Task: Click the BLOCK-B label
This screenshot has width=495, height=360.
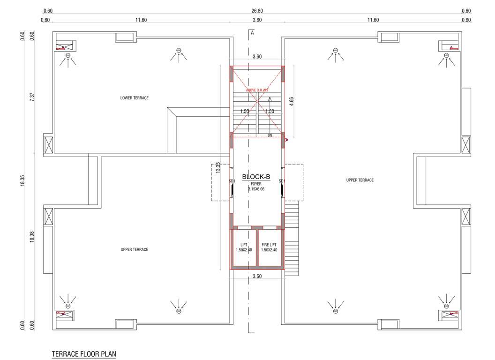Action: coord(256,177)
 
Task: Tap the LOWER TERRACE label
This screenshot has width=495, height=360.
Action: coord(135,98)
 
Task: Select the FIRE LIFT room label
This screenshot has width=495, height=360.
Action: coord(269,247)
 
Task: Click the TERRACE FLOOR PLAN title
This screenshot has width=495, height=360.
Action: coord(84,353)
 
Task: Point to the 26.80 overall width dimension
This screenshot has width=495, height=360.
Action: coord(257,11)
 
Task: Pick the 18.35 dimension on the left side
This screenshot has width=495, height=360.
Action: coord(22,181)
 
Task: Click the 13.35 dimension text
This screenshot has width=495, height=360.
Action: coord(217,167)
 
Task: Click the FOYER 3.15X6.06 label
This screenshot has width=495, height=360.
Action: coord(256,187)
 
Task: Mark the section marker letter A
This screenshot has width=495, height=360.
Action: coord(252,33)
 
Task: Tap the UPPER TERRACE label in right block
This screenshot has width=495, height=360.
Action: coord(360,180)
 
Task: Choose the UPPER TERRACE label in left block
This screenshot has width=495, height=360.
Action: coord(135,250)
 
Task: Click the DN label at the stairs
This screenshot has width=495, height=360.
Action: coord(270,135)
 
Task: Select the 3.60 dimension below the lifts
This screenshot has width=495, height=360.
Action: coord(257,277)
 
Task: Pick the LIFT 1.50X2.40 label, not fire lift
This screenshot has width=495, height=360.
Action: coord(244,247)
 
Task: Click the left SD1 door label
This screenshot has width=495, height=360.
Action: coord(232,181)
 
